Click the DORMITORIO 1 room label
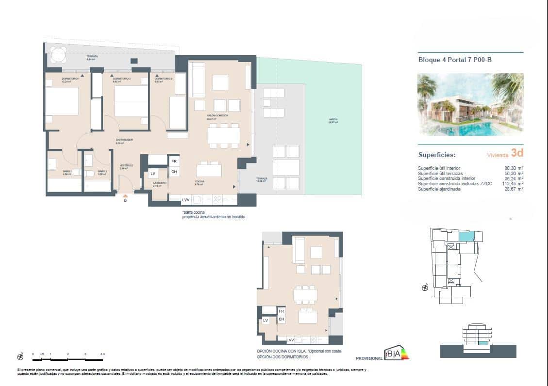tap(70, 79)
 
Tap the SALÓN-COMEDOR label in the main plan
tap(217, 115)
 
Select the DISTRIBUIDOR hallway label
tap(124, 140)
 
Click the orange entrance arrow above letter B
tap(125, 195)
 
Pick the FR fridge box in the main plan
tap(174, 161)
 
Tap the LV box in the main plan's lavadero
tap(153, 174)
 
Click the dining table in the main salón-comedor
tap(224, 135)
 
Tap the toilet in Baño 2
tap(89, 173)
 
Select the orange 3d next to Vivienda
tap(517, 153)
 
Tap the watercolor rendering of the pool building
tap(470, 104)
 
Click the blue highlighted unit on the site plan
tap(466, 236)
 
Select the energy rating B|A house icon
tap(393, 354)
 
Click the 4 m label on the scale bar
tap(102, 354)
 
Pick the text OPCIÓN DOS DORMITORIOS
tap(282, 357)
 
